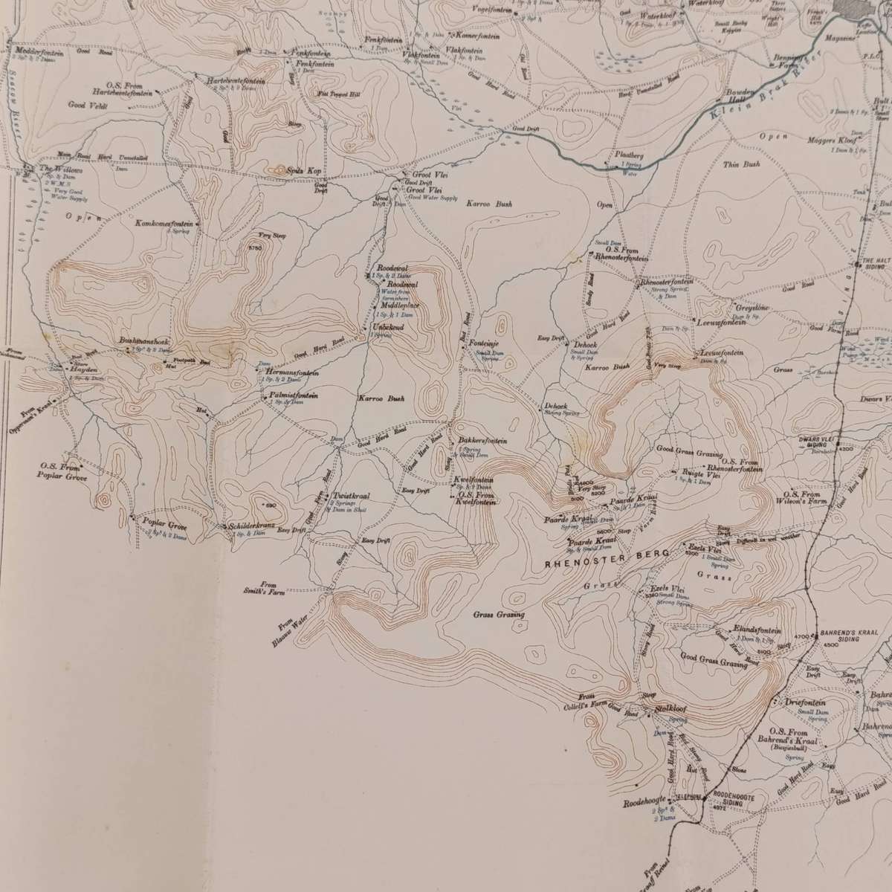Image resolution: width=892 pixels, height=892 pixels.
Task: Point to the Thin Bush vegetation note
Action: (x=741, y=164)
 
